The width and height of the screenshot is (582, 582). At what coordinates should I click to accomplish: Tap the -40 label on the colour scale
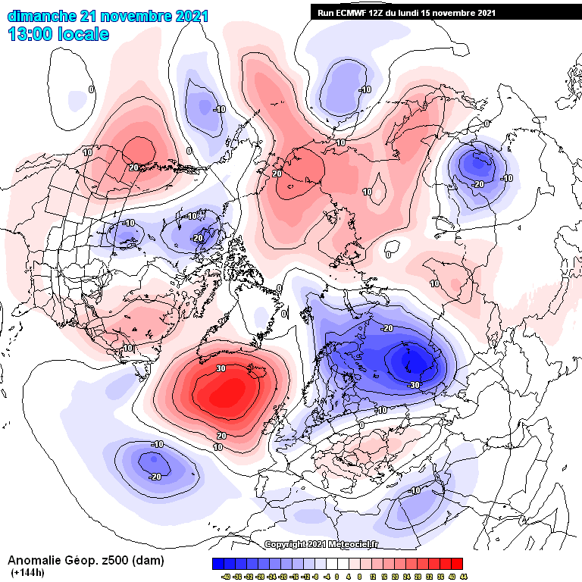click(217, 576)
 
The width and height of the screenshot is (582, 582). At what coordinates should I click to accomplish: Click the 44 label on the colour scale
click(463, 576)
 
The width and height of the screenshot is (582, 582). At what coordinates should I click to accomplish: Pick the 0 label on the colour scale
click(337, 576)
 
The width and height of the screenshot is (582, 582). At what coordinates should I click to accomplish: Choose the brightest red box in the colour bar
click(456, 564)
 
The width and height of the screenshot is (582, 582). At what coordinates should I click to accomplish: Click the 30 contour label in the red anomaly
click(221, 368)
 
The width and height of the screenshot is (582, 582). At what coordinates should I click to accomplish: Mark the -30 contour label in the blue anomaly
click(414, 385)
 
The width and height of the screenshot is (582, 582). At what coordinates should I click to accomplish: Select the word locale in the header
click(85, 34)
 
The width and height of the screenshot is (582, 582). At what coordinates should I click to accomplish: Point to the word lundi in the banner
click(403, 12)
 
